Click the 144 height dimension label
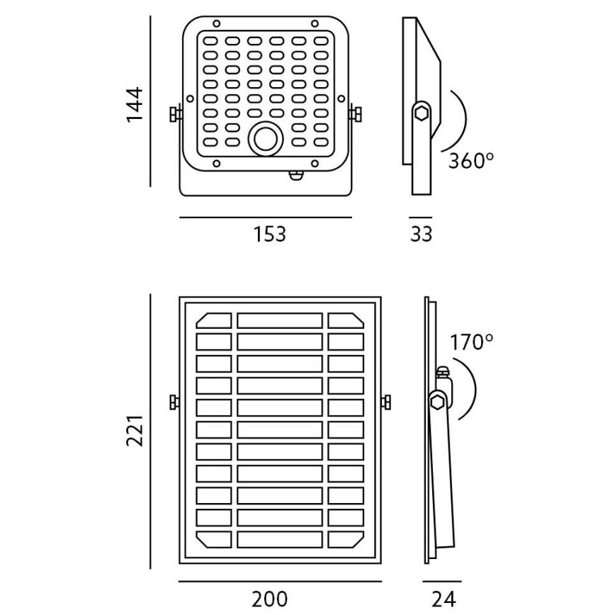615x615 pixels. pos(135,104)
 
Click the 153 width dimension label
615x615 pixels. pos(270,234)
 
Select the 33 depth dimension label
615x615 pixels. pos(421,234)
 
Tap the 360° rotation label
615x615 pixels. pos(470,160)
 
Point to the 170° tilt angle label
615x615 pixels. pos(471,343)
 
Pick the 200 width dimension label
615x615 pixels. pos(270,599)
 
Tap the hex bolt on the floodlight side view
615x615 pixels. pos(422,113)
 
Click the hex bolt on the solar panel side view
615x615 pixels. pos(437,402)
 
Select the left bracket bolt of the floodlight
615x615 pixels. pos(175,113)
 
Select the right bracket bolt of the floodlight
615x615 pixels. pos(356,113)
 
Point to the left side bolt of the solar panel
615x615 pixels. pos(174,402)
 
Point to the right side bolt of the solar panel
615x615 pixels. pos(387,402)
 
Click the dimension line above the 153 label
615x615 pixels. pos(266,218)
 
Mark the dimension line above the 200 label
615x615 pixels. pos(280,582)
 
